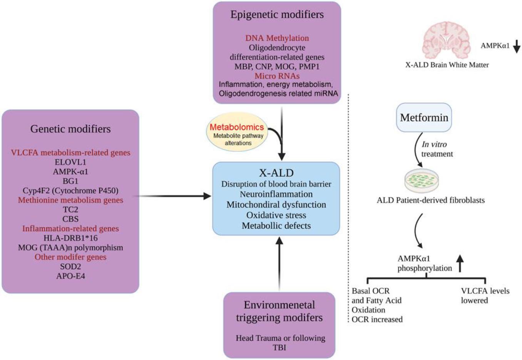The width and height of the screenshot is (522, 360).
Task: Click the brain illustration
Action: [x=447, y=40]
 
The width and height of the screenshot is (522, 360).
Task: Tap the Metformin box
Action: [x=424, y=117]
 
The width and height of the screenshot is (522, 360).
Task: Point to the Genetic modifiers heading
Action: [x=70, y=129]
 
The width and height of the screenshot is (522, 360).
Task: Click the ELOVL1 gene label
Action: [x=70, y=162]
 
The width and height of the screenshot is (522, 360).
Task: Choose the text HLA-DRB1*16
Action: [x=70, y=238]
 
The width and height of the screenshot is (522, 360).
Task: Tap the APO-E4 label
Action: [x=70, y=276]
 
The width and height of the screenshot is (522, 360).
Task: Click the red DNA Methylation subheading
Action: [x=277, y=38]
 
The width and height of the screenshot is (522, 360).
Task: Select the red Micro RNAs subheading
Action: [x=277, y=76]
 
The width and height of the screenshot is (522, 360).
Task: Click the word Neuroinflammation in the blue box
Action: [x=276, y=194]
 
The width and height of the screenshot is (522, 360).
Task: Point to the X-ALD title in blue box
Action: [x=276, y=173]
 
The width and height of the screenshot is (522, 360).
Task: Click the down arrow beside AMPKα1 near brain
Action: [x=517, y=46]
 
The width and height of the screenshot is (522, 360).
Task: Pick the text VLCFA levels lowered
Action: [x=485, y=296]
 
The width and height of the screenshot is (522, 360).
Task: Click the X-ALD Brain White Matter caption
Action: [x=447, y=65]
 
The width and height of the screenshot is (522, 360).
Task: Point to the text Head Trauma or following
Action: [x=280, y=338]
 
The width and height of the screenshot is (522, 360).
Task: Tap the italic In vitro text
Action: [x=434, y=144]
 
